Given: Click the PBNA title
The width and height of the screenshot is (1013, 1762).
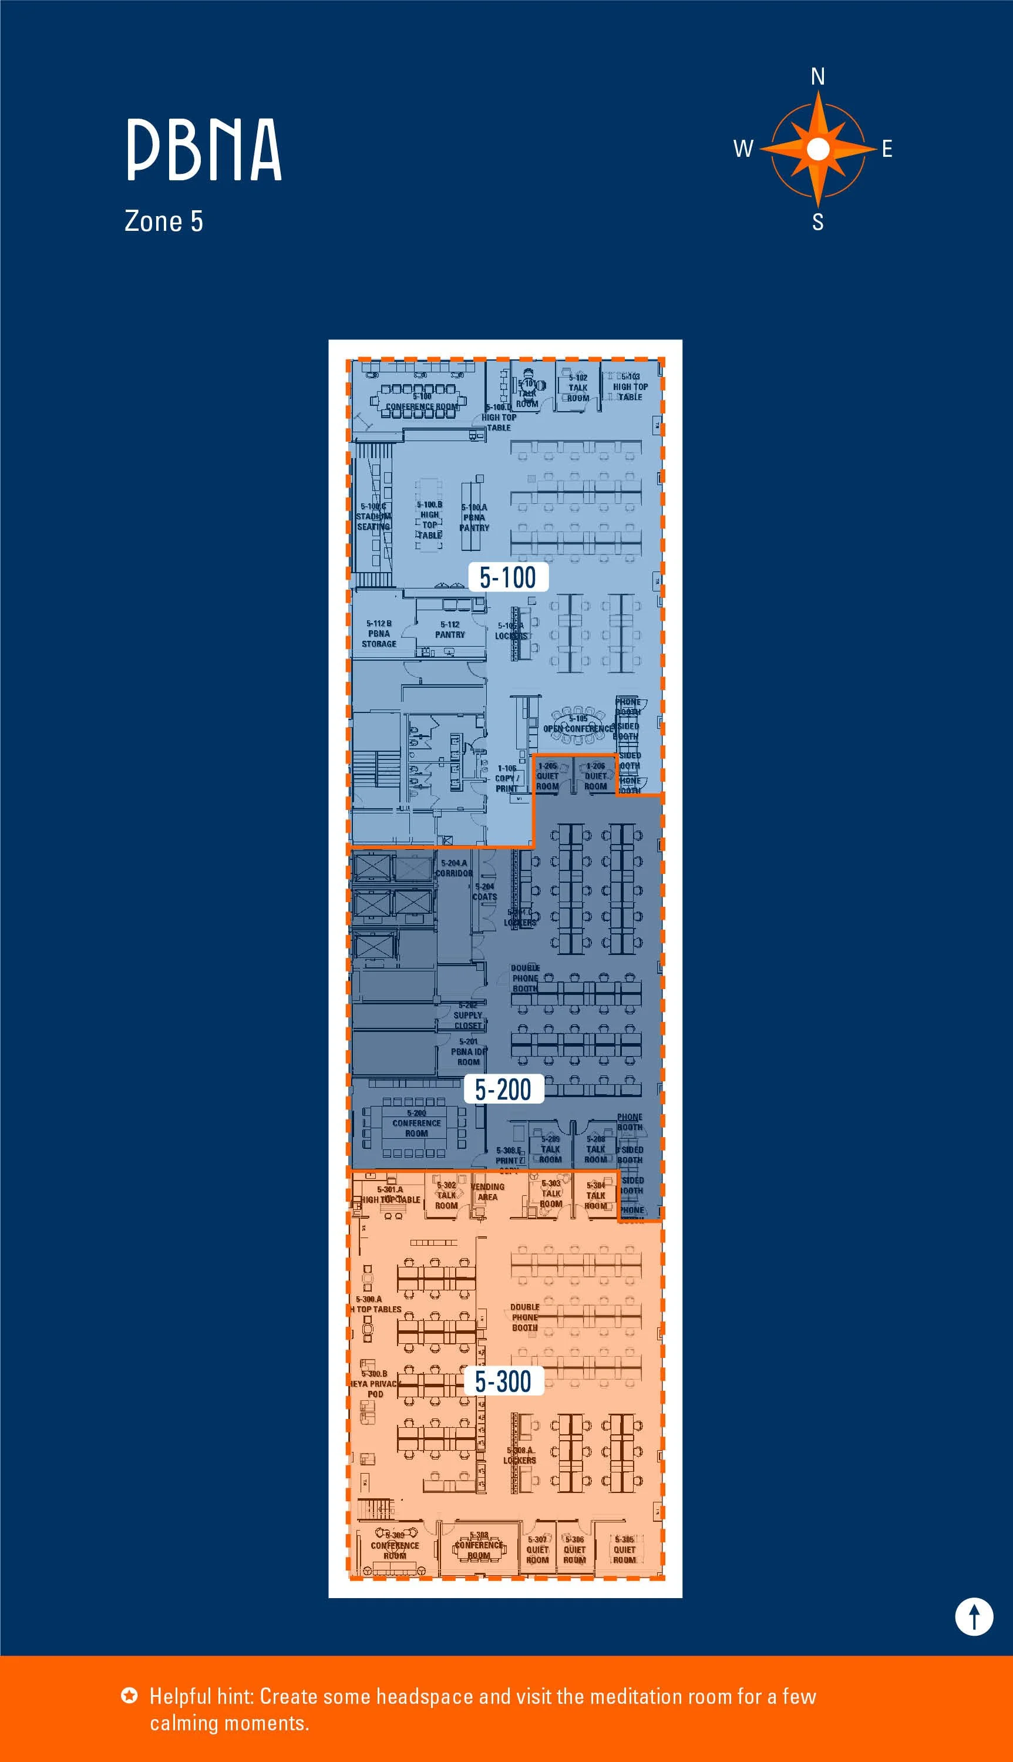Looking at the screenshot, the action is point(204,150).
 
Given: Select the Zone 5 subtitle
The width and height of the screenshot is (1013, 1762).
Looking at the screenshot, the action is point(163,221).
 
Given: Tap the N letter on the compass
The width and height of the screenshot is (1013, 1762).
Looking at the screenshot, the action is point(818,76).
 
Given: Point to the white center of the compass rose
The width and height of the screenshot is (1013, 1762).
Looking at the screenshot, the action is point(818,148).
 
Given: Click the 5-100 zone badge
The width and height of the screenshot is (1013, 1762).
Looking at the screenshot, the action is point(508,577).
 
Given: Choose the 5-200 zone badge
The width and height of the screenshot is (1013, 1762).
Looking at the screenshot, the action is point(503,1090).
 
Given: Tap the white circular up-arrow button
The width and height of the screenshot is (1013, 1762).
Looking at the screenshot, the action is point(973,1616).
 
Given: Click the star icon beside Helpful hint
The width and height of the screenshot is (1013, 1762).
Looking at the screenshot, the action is point(129,1695).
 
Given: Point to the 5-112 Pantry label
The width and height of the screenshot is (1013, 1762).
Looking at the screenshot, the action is point(450,630).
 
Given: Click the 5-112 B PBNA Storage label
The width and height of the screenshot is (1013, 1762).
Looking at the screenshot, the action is point(379,634).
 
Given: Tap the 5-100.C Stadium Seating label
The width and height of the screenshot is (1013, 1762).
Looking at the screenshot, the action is point(373,517).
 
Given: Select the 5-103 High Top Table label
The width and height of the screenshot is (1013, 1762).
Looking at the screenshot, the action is point(630,387).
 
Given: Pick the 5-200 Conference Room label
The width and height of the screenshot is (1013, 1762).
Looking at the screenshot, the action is point(417,1123).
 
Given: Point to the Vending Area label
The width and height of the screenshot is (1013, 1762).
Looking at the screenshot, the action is point(488,1192).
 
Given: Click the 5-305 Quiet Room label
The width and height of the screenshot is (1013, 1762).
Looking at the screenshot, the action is point(624,1550).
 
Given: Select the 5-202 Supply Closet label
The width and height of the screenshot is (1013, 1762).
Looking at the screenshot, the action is point(467,1015).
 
